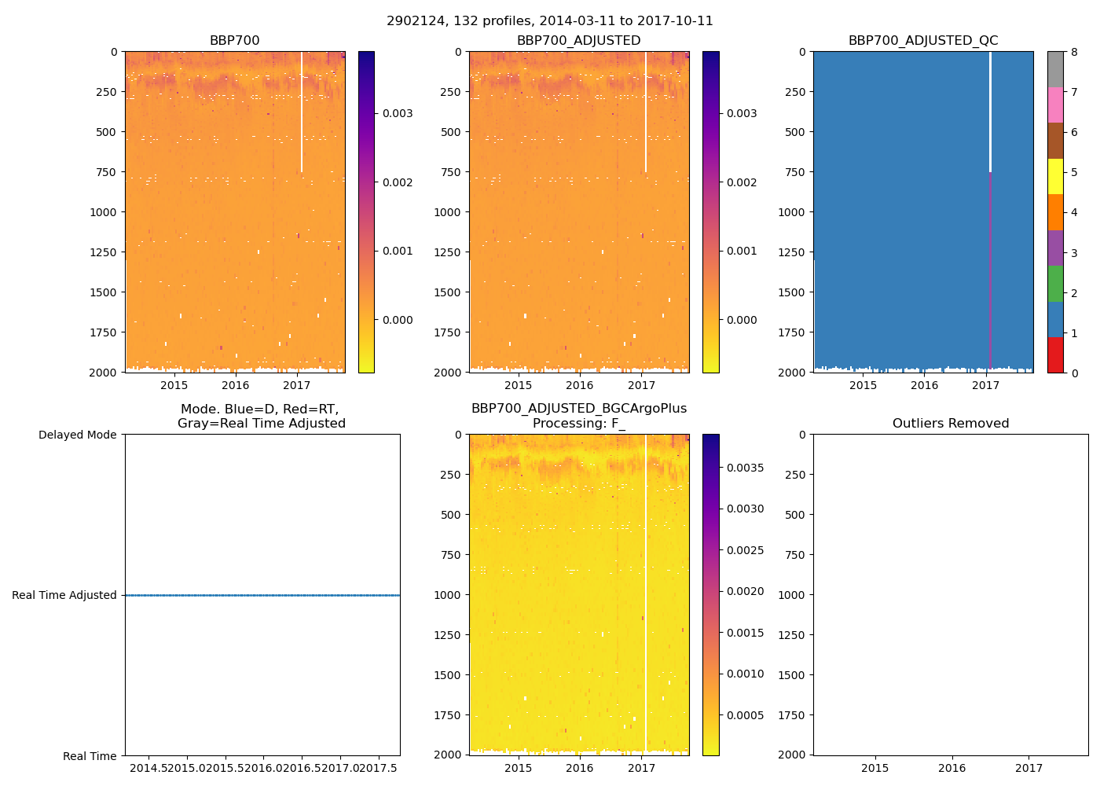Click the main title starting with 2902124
(x=550, y=21)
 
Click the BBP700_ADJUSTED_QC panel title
(x=923, y=41)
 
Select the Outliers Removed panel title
(x=951, y=424)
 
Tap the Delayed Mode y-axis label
(x=77, y=435)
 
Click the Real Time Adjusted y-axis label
(x=64, y=595)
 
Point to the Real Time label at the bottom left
(x=90, y=756)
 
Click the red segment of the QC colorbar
(x=1055, y=355)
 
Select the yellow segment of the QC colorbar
(x=1055, y=176)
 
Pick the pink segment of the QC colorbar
(x=1055, y=105)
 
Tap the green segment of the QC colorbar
(x=1055, y=284)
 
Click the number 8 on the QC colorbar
(x=1074, y=52)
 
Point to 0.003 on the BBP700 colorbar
(x=398, y=113)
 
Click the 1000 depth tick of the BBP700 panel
(x=103, y=212)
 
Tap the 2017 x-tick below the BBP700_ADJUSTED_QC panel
(x=985, y=385)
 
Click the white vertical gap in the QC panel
(x=990, y=110)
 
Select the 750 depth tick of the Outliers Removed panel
(x=796, y=555)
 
